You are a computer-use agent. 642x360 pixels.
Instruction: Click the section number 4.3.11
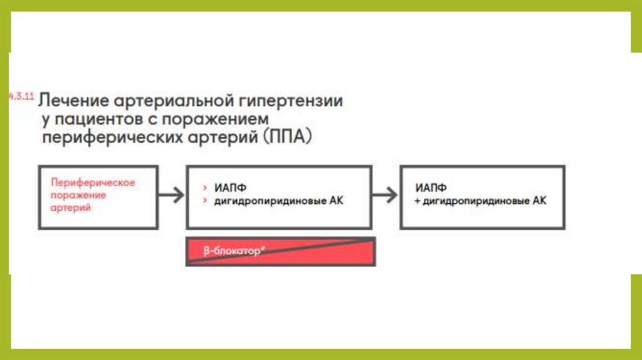[20, 98]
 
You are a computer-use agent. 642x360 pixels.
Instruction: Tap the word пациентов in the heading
[94, 119]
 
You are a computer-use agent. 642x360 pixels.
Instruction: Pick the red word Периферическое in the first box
[93, 183]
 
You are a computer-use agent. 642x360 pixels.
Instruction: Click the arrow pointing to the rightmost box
[386, 195]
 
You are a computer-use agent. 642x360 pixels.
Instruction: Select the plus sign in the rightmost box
[417, 201]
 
